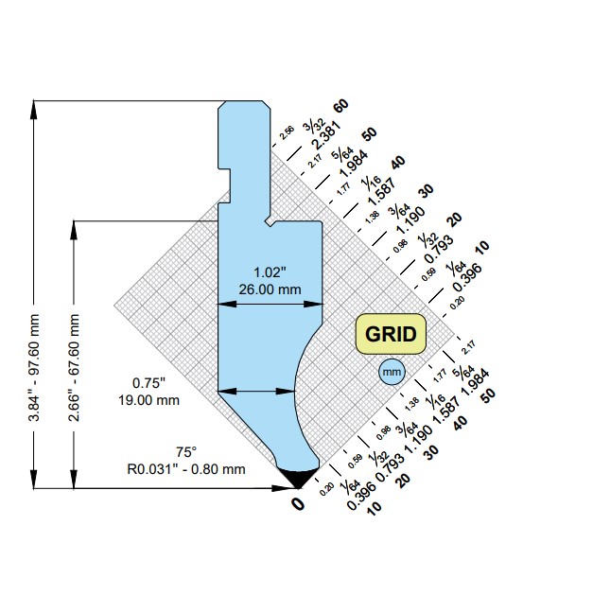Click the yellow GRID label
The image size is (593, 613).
tap(392, 334)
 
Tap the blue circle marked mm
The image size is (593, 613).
tap(391, 373)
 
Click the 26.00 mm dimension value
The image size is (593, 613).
tap(270, 289)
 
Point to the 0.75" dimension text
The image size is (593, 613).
tap(148, 383)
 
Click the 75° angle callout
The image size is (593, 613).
tap(185, 451)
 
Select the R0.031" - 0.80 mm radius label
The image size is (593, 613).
tap(186, 467)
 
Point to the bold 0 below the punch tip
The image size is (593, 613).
tap(297, 504)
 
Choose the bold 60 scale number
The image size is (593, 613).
tap(341, 105)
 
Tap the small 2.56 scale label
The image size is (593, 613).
tap(288, 131)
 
